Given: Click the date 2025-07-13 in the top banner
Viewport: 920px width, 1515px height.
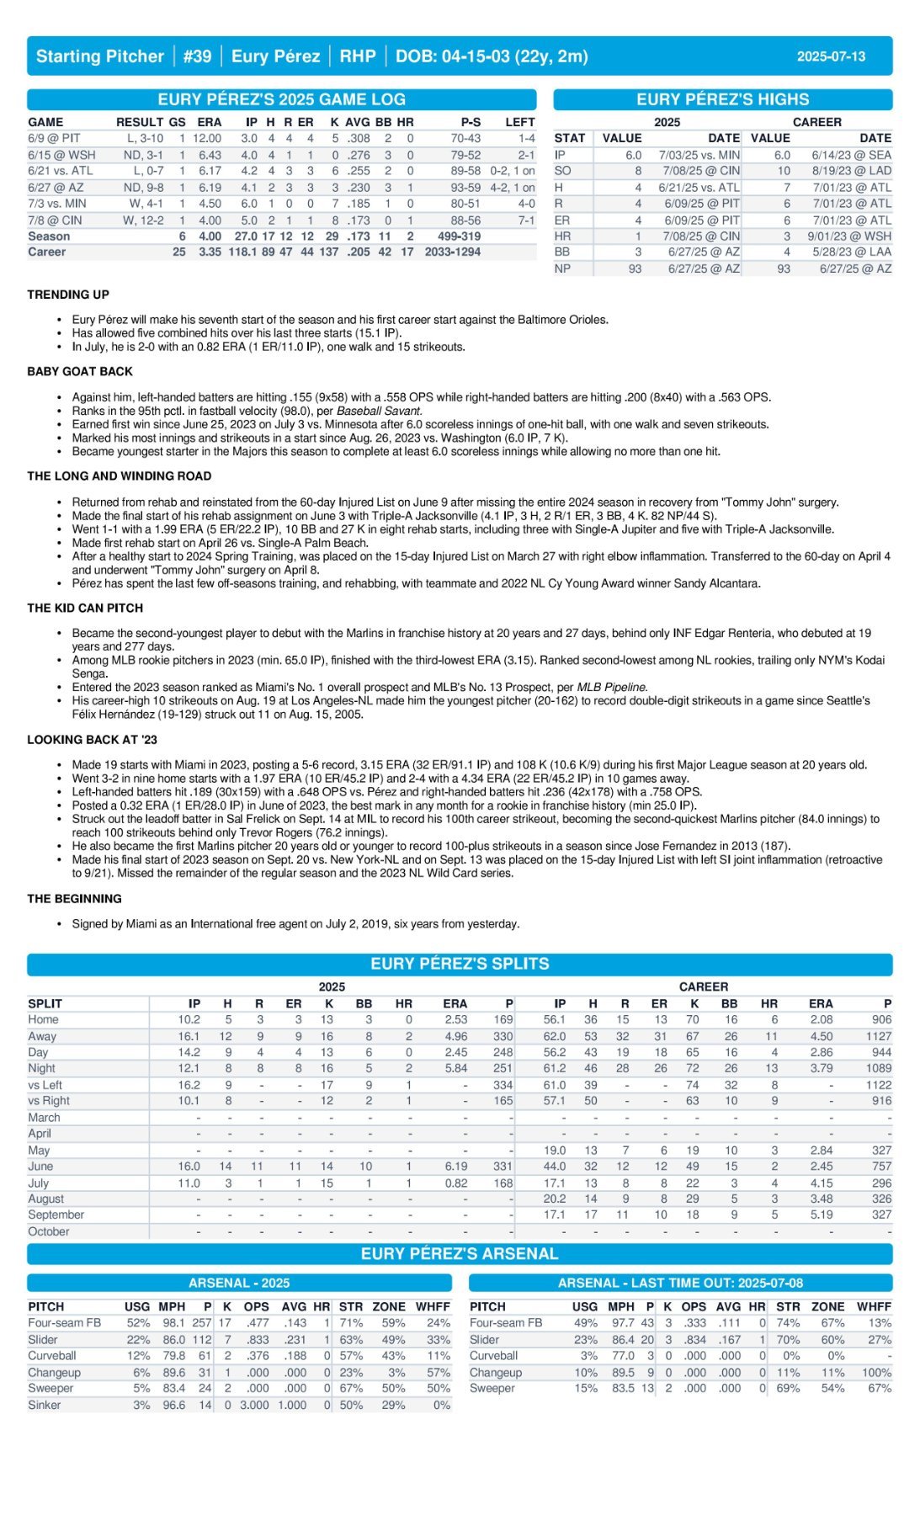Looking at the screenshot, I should point(830,56).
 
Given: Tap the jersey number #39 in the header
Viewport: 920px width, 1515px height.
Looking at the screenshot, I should point(197,56).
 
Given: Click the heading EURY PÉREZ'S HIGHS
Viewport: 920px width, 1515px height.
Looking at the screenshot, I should point(722,99).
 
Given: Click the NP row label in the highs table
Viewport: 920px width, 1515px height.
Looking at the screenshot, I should point(562,268).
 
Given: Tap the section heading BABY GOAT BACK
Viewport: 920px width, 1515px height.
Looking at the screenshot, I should point(80,371).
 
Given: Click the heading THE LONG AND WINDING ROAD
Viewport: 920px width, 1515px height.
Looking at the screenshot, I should point(119,476).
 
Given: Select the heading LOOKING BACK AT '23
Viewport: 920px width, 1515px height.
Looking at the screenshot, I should point(92,740).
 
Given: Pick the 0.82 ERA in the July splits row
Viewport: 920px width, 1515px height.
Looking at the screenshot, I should point(455,1183).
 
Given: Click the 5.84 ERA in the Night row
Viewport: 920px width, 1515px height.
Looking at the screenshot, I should point(455,1068).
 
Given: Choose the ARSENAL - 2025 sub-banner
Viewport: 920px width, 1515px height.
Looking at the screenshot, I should point(239,1283).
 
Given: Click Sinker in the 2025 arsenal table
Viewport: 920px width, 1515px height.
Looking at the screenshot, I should point(44,1405).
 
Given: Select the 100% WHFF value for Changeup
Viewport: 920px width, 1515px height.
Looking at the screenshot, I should point(874,1372).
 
